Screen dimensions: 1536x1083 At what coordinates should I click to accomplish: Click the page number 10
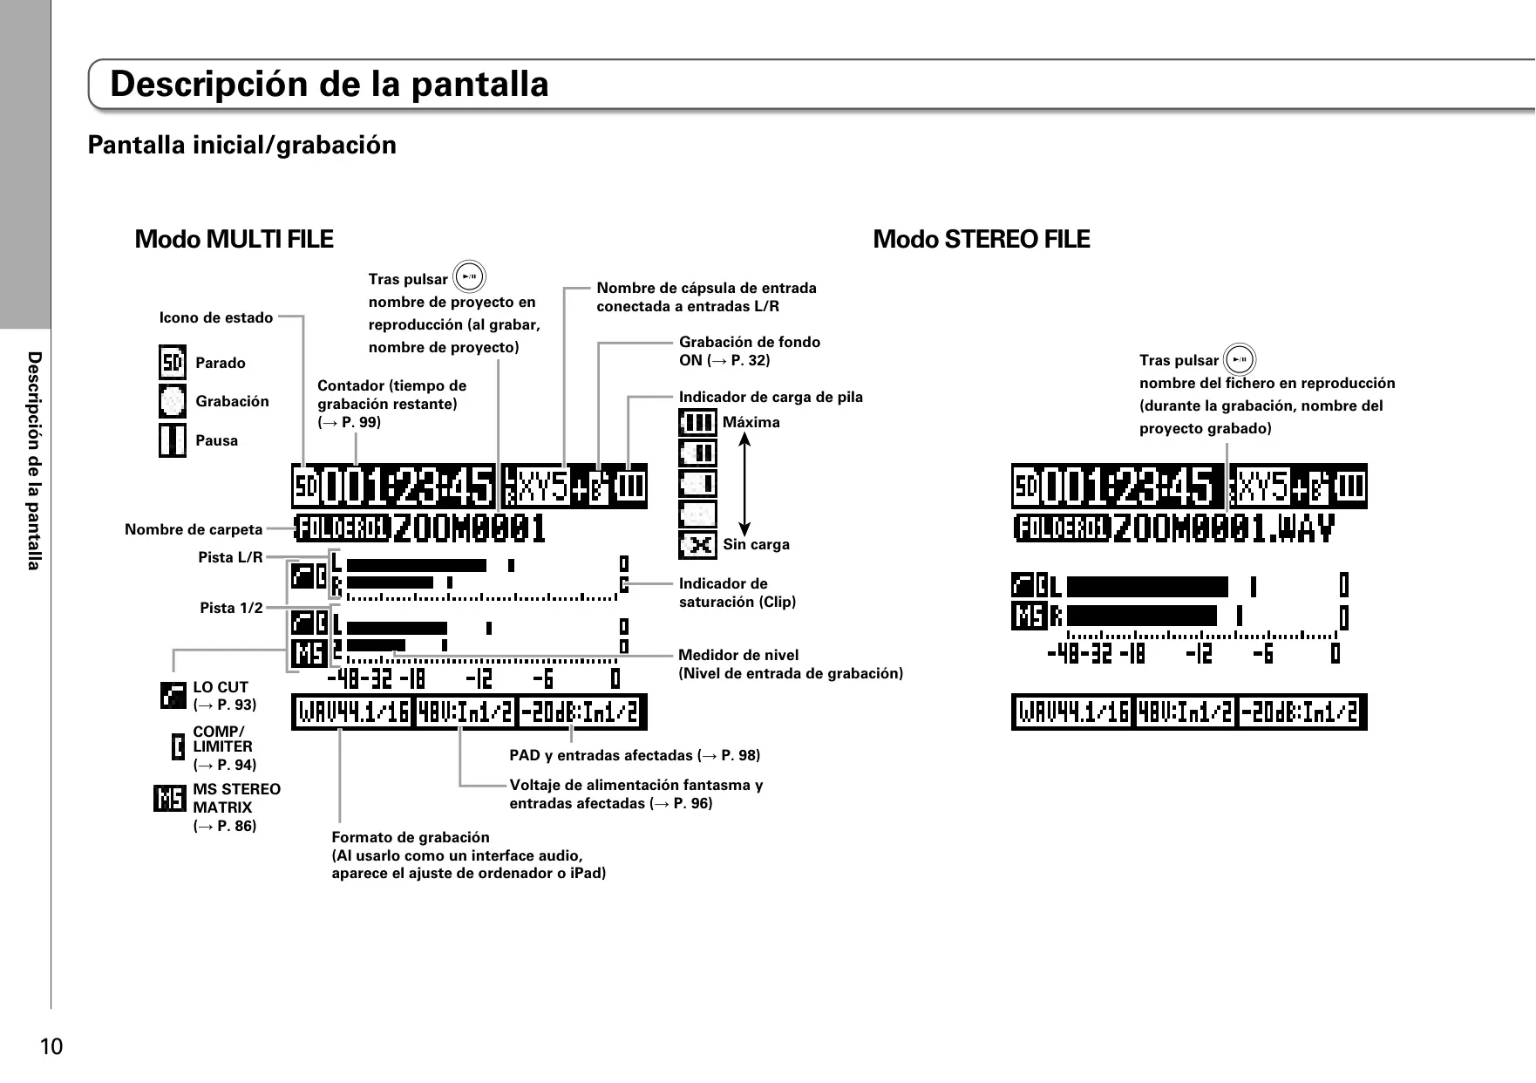[x=51, y=1046]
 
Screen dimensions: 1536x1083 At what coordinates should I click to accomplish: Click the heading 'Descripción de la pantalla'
[x=330, y=85]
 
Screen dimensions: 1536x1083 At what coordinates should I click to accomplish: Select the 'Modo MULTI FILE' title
[x=234, y=239]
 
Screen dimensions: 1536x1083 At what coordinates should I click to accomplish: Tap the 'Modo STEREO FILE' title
[x=982, y=239]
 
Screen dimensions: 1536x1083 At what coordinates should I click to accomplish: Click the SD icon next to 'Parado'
[x=173, y=363]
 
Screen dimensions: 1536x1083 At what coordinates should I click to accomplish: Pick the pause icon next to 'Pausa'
[x=173, y=439]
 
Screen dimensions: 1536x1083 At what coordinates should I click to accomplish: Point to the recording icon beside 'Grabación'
[x=173, y=401]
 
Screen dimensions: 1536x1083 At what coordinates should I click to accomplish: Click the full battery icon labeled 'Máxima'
[x=697, y=423]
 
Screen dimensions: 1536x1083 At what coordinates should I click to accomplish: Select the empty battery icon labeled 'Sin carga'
[x=697, y=545]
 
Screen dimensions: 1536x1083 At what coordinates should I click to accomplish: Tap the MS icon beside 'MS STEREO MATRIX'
[x=170, y=798]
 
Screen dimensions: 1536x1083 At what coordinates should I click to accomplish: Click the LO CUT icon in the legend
[x=173, y=695]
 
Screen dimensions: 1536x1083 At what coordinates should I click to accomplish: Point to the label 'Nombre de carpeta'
[x=194, y=529]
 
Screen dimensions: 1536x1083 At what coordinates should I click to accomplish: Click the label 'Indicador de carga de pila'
[x=771, y=398]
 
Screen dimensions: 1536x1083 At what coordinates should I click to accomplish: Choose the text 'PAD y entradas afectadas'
[x=601, y=755]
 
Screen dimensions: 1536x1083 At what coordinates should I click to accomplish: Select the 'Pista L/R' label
[x=230, y=557]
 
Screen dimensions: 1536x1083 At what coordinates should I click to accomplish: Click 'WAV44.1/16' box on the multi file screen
[x=353, y=713]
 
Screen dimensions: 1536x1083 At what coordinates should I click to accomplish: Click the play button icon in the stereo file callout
[x=1240, y=359]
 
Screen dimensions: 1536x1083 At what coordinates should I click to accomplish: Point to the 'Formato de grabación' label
[x=411, y=837]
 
